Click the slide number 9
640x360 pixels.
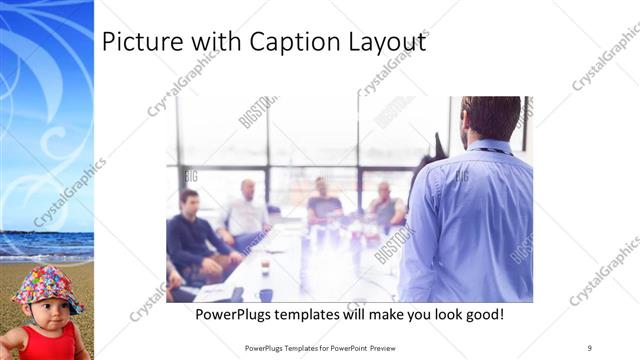pyautogui.click(x=590, y=347)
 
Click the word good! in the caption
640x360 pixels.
pyautogui.click(x=479, y=315)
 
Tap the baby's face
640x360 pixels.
pyautogui.click(x=44, y=313)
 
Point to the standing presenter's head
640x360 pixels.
pyautogui.click(x=491, y=118)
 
